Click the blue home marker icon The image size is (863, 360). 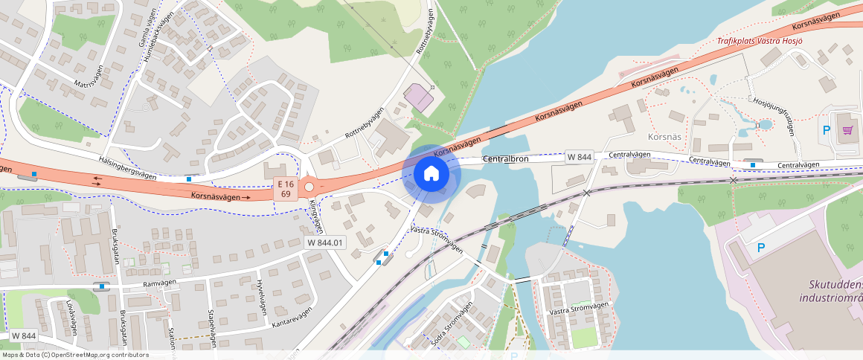pos(431,174)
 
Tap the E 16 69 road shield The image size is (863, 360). pos(284,189)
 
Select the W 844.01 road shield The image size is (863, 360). pos(326,242)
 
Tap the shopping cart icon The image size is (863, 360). pos(847,129)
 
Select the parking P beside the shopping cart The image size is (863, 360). pos(827,130)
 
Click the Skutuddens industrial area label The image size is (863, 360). pos(835,292)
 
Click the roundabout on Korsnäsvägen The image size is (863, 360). pos(309,186)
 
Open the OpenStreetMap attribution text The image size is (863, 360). pos(75,355)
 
